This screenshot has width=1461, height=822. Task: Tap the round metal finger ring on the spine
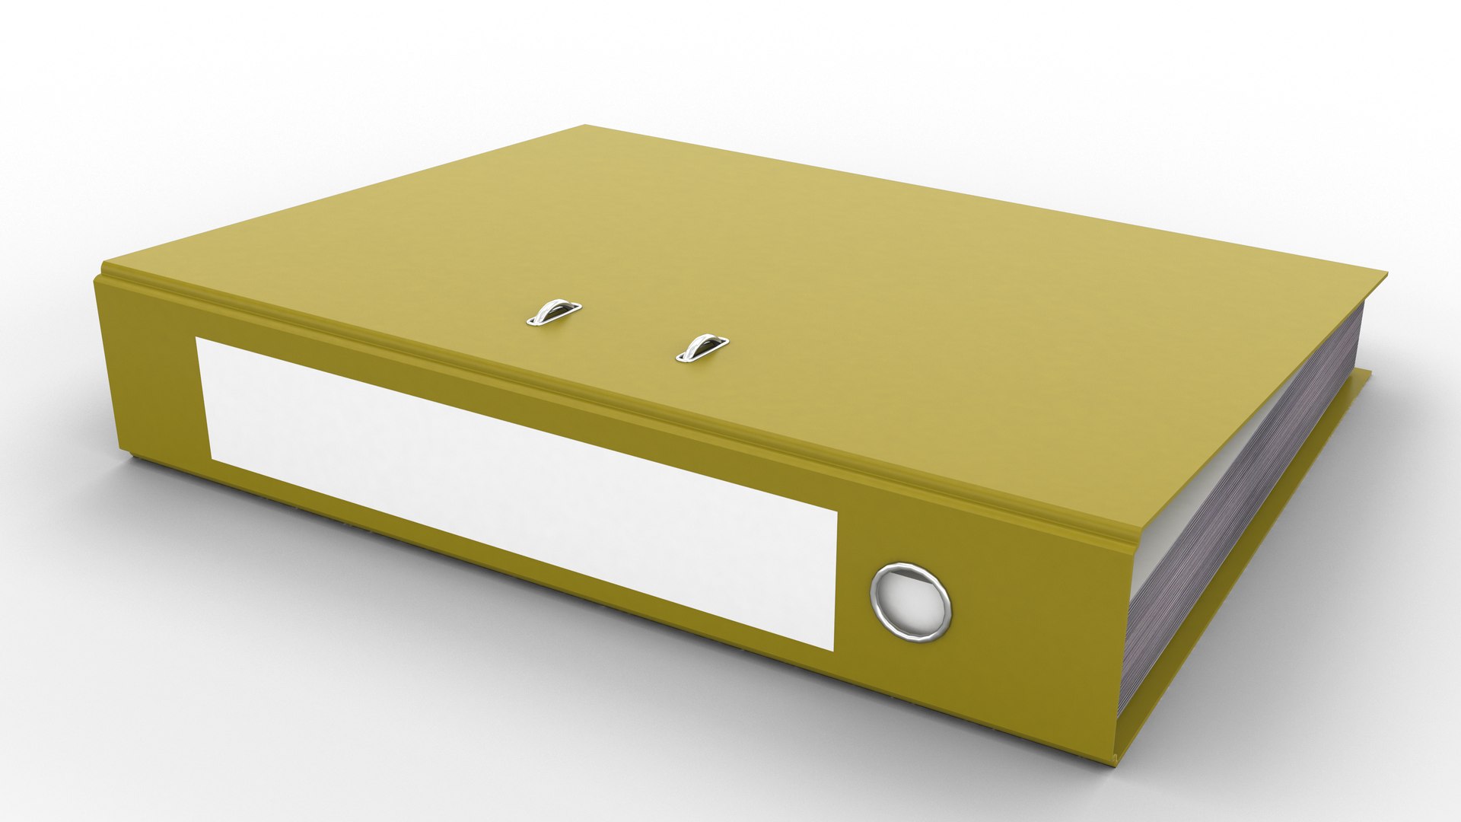(911, 599)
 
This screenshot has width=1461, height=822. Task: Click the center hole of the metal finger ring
(911, 600)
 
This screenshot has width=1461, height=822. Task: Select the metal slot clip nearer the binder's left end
(553, 312)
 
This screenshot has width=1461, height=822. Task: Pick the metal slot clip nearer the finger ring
(702, 347)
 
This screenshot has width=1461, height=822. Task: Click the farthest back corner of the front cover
(585, 126)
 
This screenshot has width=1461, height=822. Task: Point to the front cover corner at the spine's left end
(104, 266)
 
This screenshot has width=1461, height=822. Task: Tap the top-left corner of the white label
(197, 339)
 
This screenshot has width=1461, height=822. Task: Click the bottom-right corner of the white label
(834, 650)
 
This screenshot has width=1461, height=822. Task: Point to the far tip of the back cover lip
(1370, 371)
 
